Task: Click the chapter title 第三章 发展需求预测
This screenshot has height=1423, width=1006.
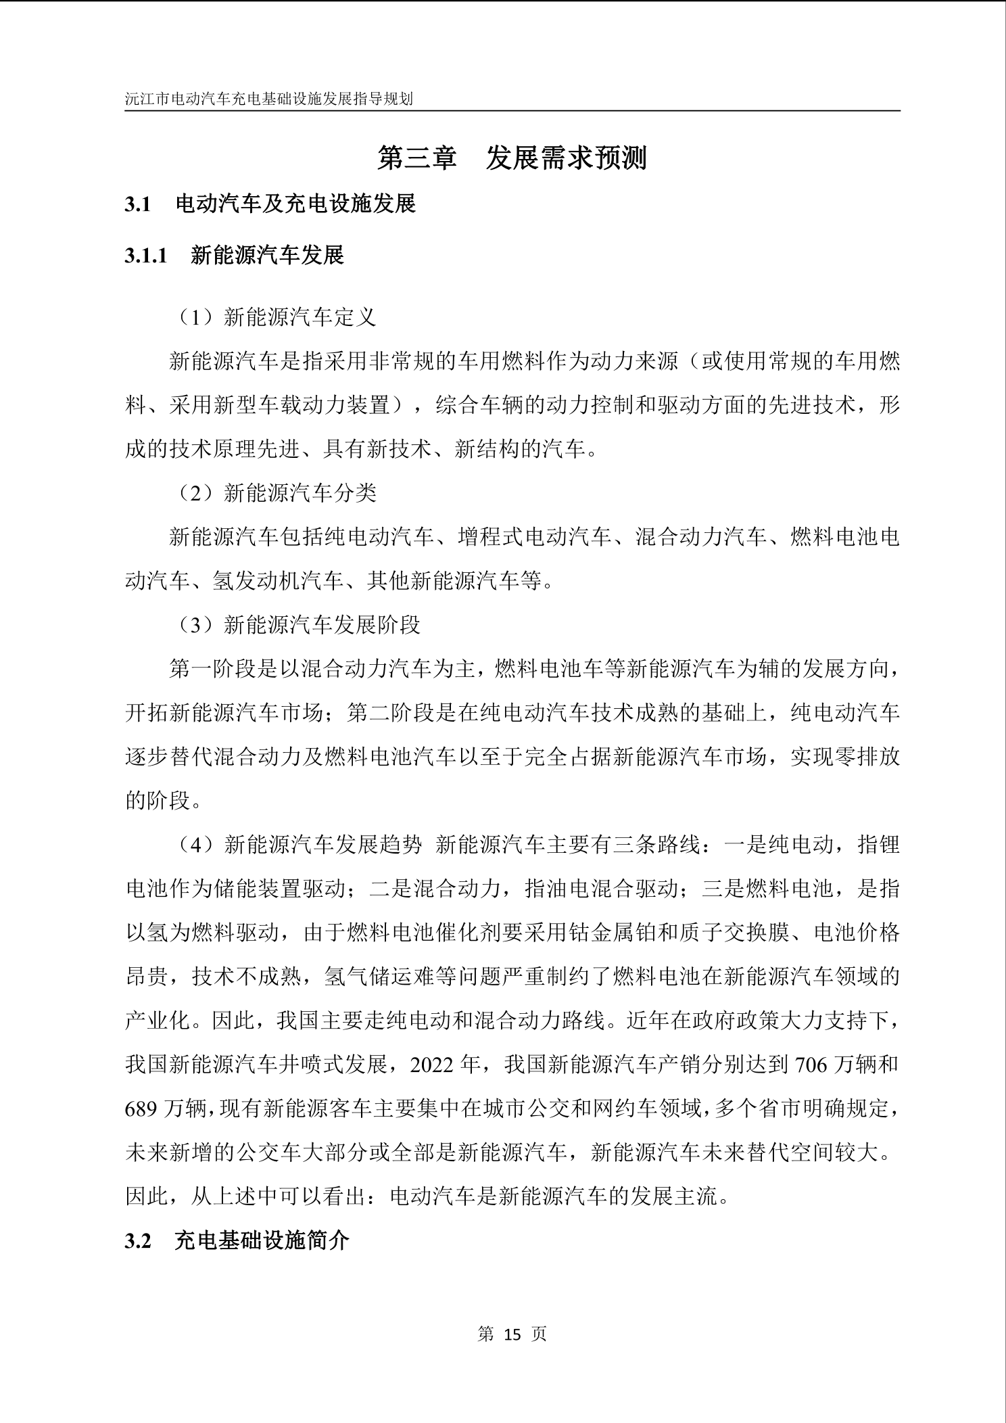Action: tap(512, 158)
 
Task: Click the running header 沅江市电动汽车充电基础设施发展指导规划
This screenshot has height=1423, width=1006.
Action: tap(268, 99)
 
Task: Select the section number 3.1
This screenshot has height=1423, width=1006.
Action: tap(137, 204)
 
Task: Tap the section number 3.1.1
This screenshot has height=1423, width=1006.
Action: tap(145, 256)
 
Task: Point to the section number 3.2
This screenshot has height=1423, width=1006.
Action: tap(137, 1241)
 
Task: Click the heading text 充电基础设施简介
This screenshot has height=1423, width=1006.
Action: tap(262, 1241)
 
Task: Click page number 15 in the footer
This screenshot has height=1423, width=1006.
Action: tap(512, 1334)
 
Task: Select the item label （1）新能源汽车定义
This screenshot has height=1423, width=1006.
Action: tap(277, 317)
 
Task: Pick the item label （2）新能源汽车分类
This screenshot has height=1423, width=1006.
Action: tap(277, 493)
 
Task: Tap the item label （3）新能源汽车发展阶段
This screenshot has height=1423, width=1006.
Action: tap(299, 625)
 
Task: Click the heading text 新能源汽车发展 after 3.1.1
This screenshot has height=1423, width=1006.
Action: tap(267, 256)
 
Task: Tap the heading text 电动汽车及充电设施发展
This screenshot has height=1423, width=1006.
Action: tap(295, 204)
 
